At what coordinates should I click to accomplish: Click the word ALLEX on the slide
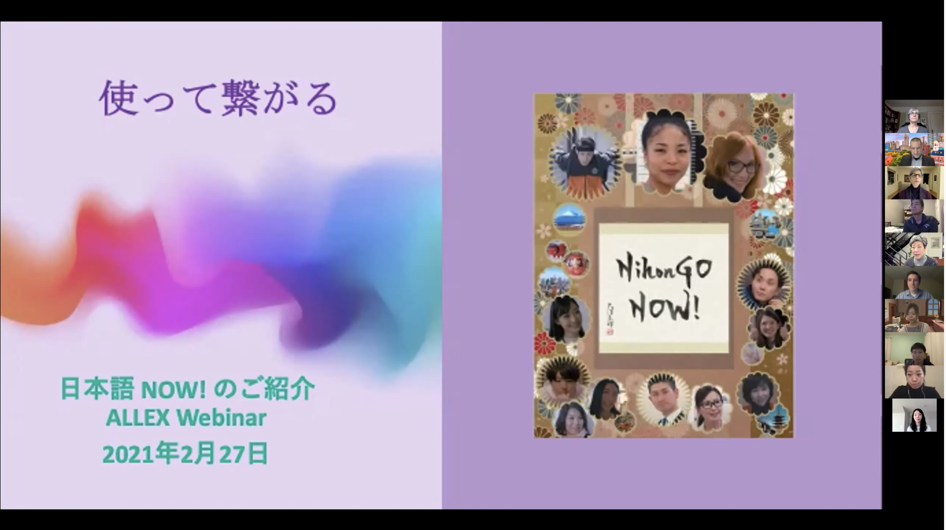click(137, 418)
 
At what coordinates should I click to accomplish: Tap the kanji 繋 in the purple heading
click(239, 99)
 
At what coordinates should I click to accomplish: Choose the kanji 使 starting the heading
click(118, 99)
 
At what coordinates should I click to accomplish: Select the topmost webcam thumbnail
click(913, 116)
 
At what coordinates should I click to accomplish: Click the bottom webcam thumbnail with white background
click(914, 415)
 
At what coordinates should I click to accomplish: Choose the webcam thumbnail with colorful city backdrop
click(913, 150)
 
